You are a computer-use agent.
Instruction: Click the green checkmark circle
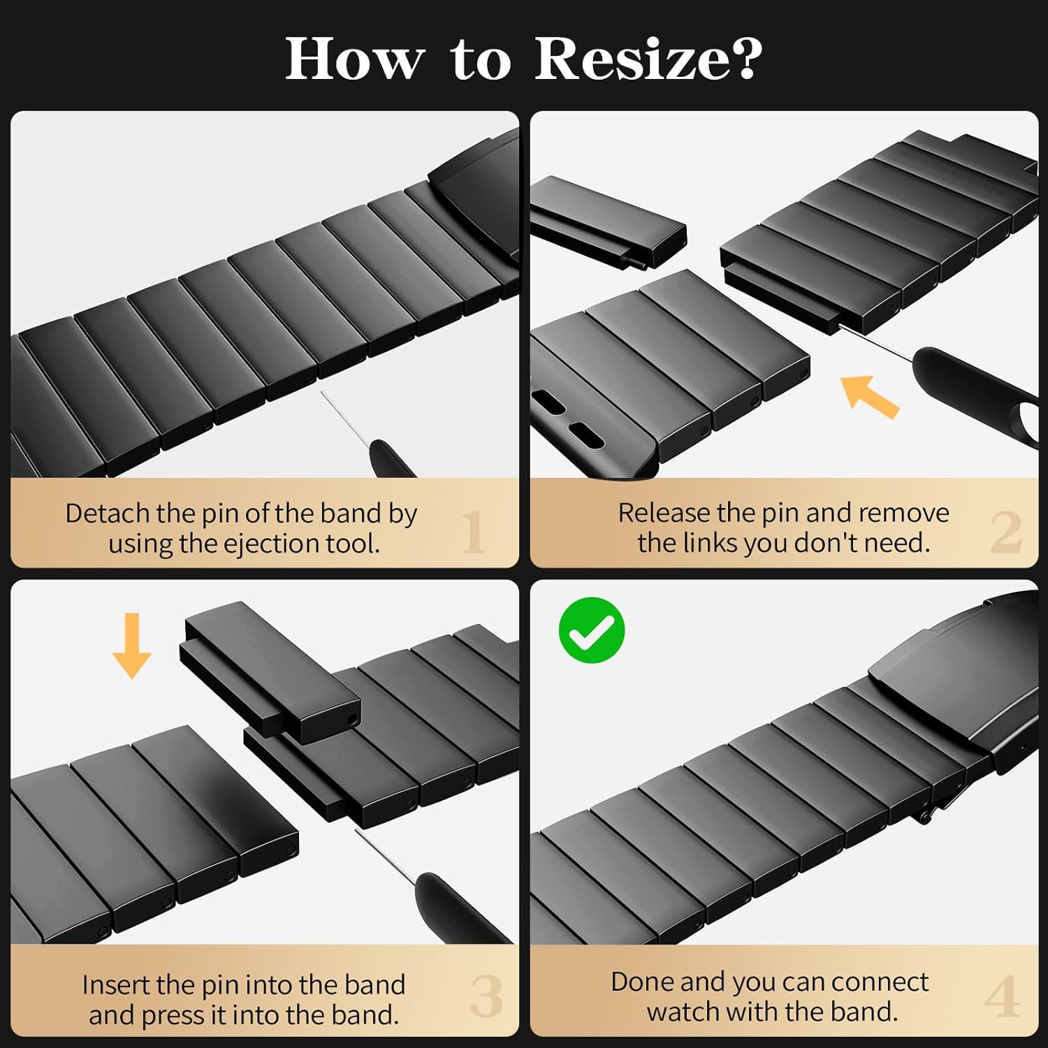pos(592,629)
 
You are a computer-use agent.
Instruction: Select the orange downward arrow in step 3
pos(132,646)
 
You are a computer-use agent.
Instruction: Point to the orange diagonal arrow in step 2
pos(869,396)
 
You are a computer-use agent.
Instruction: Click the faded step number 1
pos(474,532)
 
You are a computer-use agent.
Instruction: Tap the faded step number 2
pos(1005,532)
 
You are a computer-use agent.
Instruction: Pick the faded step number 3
pos(486,996)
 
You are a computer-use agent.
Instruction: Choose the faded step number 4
pos(1002,996)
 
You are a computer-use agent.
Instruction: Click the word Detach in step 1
pos(108,514)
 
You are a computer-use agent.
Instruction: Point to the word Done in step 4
pos(642,982)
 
